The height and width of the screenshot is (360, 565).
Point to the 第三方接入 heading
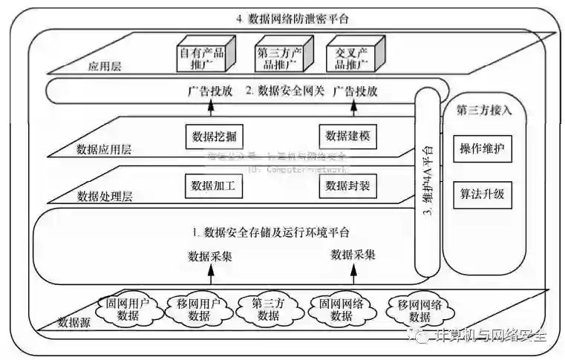click(484, 110)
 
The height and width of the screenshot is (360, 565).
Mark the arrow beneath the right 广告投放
click(353, 108)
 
